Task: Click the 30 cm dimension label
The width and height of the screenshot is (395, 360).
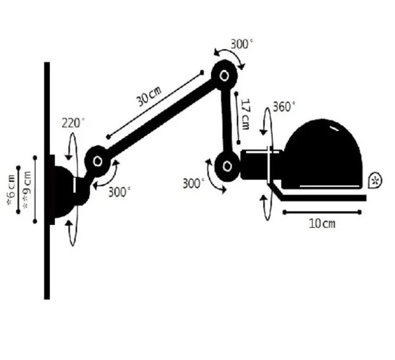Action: (x=149, y=97)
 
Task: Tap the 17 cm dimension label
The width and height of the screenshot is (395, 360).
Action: (x=245, y=114)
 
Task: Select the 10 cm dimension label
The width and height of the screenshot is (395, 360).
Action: (x=322, y=224)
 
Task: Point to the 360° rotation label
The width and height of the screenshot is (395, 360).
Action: (x=284, y=107)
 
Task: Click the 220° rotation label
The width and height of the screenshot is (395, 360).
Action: (x=73, y=123)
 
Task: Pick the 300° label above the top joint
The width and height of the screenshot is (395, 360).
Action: (x=242, y=45)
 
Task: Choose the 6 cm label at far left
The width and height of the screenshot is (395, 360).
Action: (x=11, y=190)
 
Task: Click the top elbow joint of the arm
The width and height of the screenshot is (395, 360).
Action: (x=224, y=75)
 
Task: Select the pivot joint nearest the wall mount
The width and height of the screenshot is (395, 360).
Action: (x=98, y=161)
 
